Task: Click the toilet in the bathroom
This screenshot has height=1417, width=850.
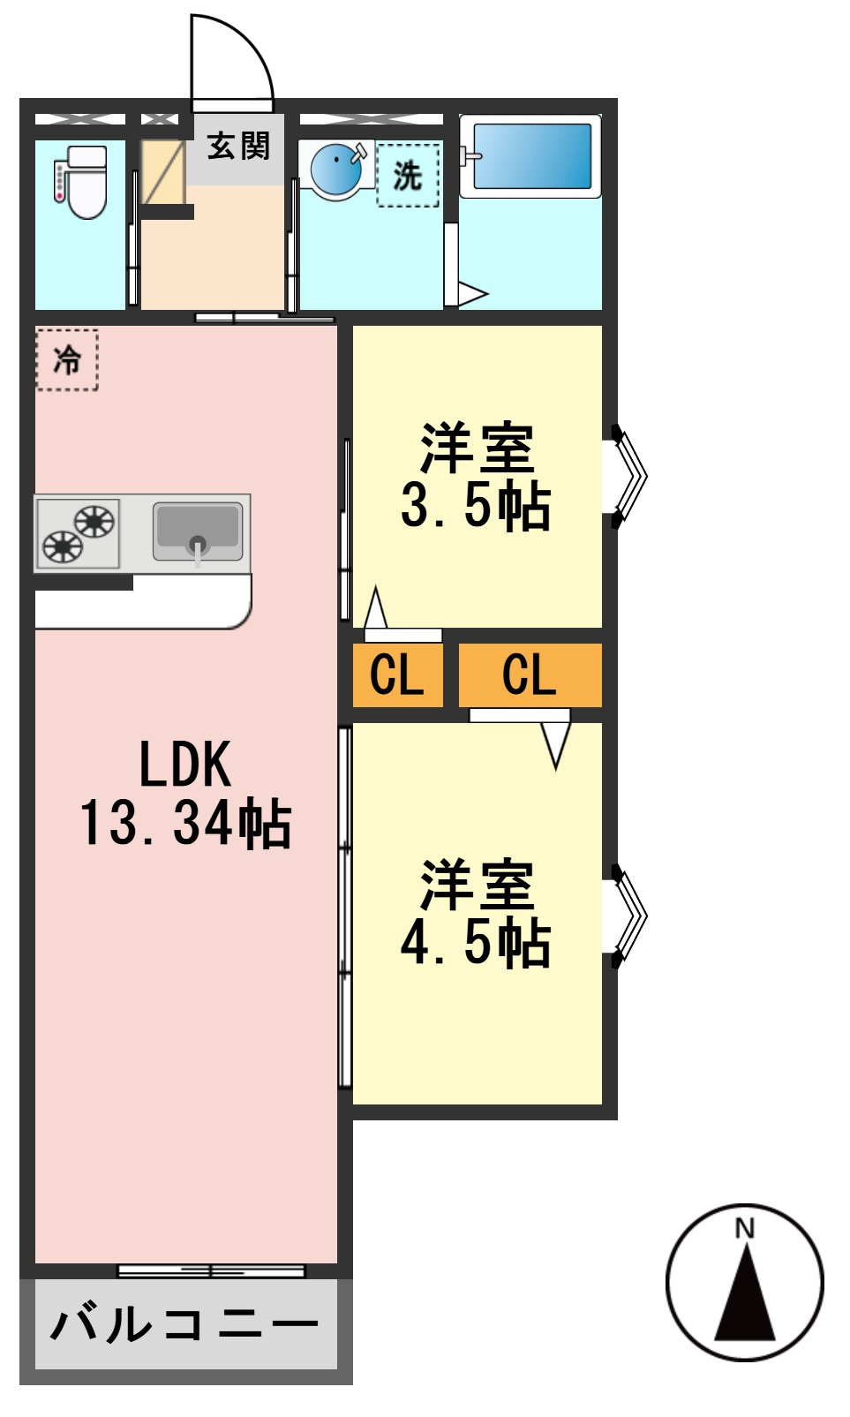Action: pos(82,182)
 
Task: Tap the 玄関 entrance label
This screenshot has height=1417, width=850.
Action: pos(238,147)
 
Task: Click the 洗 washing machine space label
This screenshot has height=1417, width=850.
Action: pos(407,175)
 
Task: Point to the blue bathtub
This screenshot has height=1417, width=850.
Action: pos(532,156)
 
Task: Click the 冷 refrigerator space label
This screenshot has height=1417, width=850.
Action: pos(67,359)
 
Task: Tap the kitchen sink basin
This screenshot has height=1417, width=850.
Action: pos(198,531)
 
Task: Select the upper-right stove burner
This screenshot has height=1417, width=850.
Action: pos(94,522)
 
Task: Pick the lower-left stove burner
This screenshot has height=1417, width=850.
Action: pos(62,546)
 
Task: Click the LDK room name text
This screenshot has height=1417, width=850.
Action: pos(184,765)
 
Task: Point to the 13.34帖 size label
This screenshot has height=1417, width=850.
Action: pos(185,822)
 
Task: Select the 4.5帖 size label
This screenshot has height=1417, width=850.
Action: pos(476,943)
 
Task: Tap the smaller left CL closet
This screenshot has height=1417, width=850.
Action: pos(397,675)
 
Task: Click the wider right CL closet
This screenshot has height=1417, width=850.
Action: pos(530,675)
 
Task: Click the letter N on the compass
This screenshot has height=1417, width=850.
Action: pos(745,1228)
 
